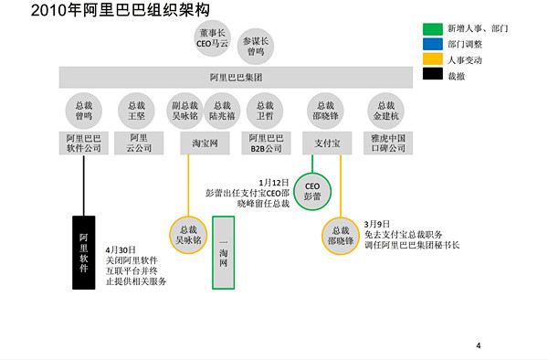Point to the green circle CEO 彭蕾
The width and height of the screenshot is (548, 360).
(313, 188)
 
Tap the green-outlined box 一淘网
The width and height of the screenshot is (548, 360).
(224, 252)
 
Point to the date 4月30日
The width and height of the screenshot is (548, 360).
(121, 249)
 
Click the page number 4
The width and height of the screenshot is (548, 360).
(479, 345)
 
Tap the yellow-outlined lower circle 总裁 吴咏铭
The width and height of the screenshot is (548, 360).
(188, 235)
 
